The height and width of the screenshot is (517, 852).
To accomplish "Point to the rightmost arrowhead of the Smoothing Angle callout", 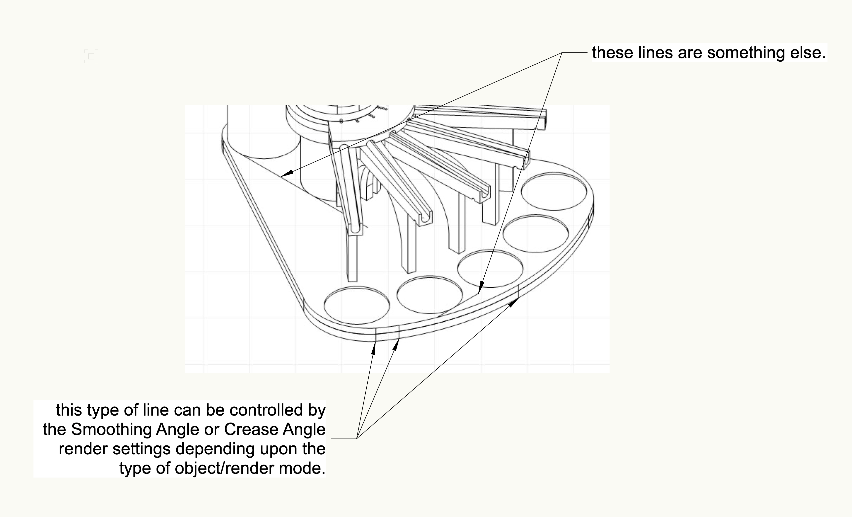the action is (513, 302).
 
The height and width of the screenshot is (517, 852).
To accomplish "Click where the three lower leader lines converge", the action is (356, 439).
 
